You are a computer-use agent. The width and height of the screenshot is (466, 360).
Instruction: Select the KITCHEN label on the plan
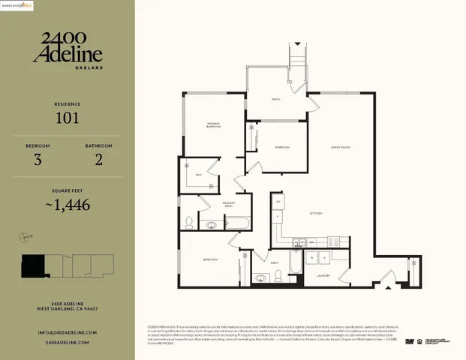tap(316, 214)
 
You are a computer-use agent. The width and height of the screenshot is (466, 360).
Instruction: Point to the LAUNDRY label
tap(324, 275)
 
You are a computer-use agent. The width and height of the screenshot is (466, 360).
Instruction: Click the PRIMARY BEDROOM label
tap(214, 125)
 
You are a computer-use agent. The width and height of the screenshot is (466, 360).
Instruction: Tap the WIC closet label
tap(197, 175)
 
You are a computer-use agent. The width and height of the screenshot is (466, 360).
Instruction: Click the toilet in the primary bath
tap(188, 221)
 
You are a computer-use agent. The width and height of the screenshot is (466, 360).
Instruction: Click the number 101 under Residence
tap(68, 118)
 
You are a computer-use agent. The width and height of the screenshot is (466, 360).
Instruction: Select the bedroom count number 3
tap(38, 160)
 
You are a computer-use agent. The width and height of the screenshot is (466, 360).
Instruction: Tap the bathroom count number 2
tap(98, 160)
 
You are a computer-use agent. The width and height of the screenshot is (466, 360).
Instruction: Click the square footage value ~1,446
tap(68, 205)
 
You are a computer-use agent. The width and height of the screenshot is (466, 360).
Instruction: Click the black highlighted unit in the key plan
tap(33, 265)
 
